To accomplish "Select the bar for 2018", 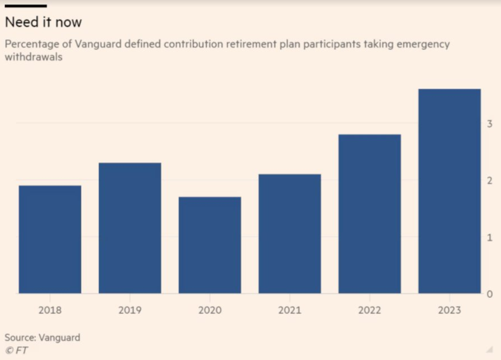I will point(50,239).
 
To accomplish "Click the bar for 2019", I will point(130,228).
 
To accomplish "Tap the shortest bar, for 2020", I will point(210,245).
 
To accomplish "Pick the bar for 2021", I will point(289,234).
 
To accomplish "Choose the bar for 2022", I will point(369,214).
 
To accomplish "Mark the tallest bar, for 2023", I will point(449,191).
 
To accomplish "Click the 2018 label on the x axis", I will point(50,310).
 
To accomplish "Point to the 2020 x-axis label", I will point(210,310).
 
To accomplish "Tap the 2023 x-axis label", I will point(449,310).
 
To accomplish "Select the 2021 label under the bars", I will point(289,310).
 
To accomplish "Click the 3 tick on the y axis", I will point(490,124).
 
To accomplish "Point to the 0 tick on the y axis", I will point(490,294).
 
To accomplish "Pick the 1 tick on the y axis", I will point(490,237).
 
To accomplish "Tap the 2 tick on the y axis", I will point(490,180).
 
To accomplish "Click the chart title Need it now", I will point(43,22).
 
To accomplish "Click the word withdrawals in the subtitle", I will point(33,57).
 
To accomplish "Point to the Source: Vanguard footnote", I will point(43,337).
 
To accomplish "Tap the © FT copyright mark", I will point(16,350).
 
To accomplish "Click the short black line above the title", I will point(25,6).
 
